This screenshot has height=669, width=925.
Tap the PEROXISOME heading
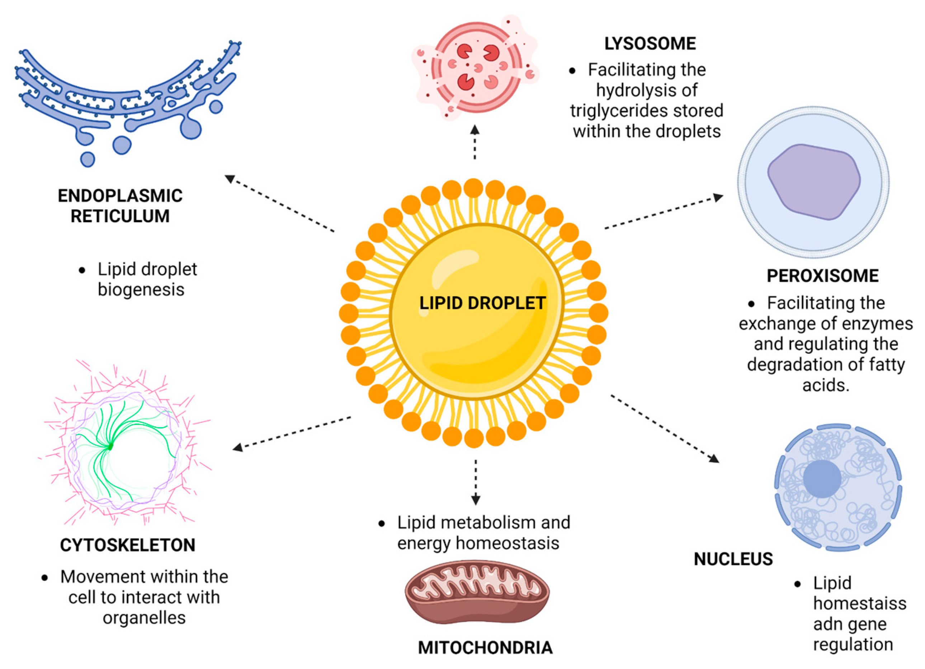tap(822, 276)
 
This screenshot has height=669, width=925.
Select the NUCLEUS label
tap(733, 559)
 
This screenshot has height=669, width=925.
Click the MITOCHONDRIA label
tap(485, 648)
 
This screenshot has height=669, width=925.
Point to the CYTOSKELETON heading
tap(128, 545)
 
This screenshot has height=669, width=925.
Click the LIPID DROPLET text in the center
tap(482, 303)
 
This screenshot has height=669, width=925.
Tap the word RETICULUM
tap(120, 216)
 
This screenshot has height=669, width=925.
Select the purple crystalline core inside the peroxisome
tap(814, 182)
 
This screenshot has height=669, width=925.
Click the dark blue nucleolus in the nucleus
tap(822, 479)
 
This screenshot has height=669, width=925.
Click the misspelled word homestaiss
tap(859, 603)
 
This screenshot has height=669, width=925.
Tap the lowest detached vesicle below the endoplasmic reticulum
tap(87, 159)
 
